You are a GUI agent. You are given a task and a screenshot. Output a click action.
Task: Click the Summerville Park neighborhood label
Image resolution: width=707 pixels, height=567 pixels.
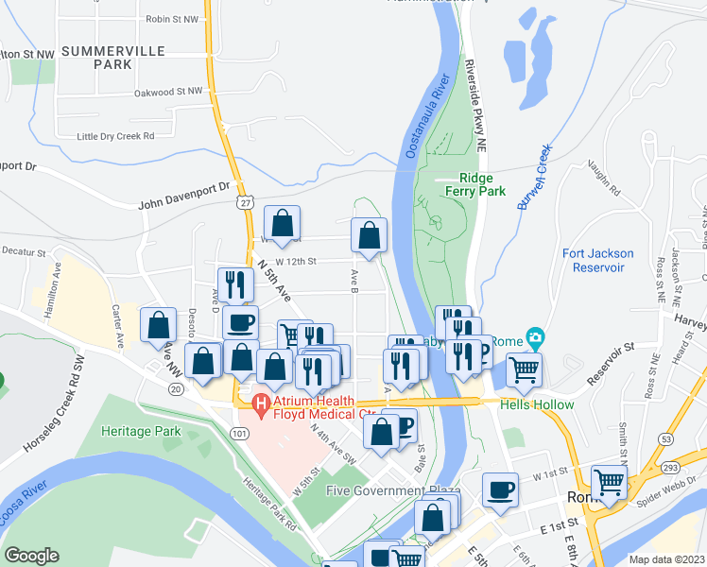[x=112, y=57]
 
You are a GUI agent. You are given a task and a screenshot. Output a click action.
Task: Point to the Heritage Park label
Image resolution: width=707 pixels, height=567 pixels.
[x=141, y=431]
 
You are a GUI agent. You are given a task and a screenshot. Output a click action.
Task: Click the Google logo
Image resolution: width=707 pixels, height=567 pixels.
[x=32, y=556]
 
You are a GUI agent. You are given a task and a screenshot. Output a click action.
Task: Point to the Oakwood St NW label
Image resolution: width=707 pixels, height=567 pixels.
[x=168, y=92]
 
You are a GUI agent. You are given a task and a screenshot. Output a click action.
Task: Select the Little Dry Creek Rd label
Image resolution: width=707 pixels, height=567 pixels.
[x=115, y=136]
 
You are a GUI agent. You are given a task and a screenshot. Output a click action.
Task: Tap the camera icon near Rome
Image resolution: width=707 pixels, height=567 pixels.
[x=536, y=336]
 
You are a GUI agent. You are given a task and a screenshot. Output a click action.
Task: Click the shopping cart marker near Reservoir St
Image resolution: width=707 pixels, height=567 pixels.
[x=523, y=369]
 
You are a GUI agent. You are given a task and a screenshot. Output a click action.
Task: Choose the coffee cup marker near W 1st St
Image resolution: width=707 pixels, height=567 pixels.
[x=499, y=489]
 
